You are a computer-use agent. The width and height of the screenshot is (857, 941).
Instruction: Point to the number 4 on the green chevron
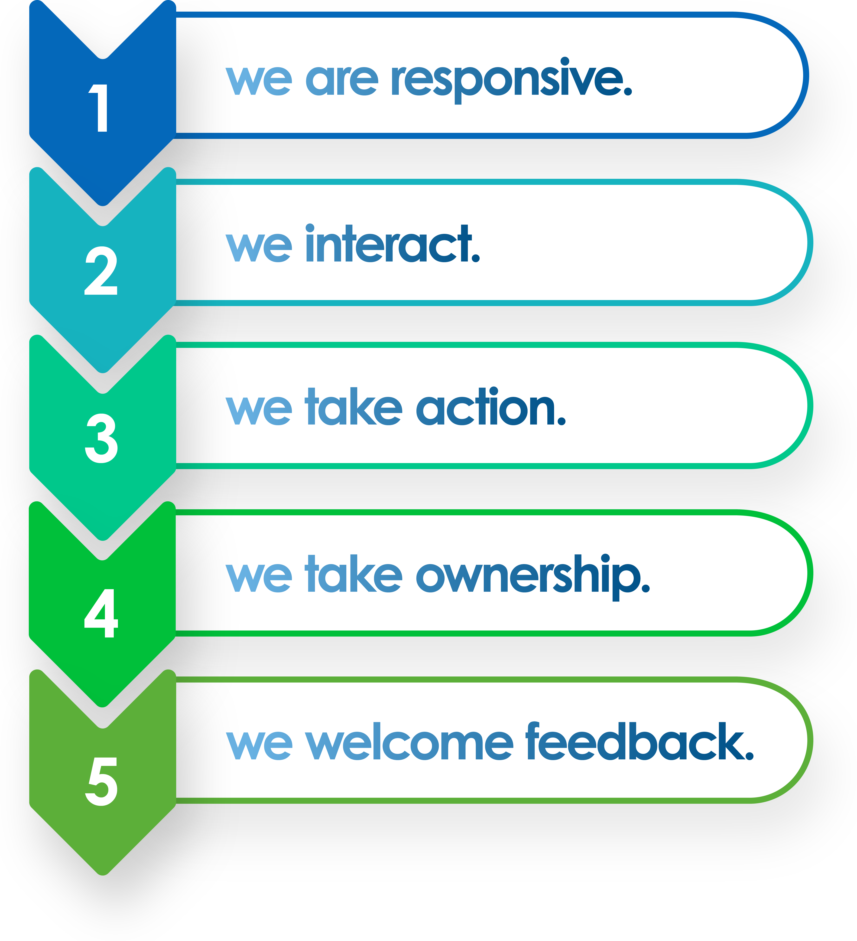[x=101, y=613]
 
